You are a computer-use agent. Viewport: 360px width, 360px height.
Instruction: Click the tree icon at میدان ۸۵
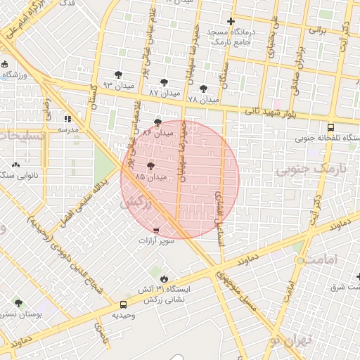coord(150,167)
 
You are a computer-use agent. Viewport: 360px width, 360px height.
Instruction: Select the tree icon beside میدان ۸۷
coord(165,82)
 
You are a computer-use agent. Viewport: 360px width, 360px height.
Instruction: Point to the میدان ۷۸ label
coord(204,100)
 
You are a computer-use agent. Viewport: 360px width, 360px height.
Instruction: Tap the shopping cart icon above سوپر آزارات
coord(155,230)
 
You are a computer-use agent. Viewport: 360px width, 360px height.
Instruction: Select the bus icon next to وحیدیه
coord(124,305)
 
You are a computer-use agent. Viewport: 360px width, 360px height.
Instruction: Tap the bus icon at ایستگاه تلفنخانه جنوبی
coord(331,127)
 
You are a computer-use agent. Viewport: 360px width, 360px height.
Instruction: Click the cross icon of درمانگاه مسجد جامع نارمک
coord(231,22)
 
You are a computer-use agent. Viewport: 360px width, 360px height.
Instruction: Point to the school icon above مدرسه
coord(68,119)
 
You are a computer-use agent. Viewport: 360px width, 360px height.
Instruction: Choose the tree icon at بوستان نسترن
coord(18,304)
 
